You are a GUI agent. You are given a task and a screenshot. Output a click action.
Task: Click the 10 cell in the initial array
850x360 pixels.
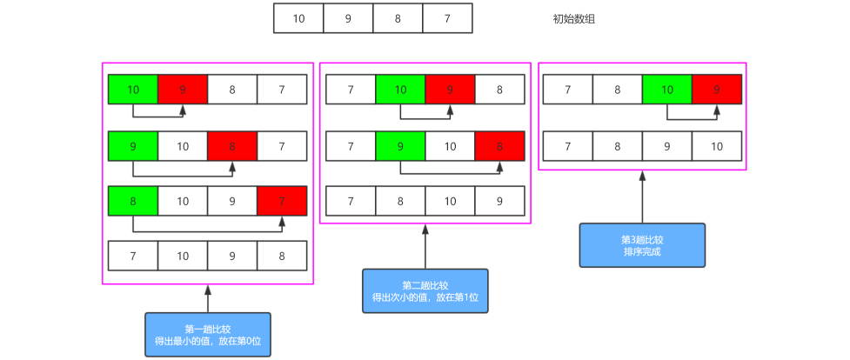click(298, 18)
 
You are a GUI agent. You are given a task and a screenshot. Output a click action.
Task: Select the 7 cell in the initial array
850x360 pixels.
click(447, 18)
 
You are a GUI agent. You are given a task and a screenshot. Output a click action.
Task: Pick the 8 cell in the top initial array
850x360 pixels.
click(398, 18)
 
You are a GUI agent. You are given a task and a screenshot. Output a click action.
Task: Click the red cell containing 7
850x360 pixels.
click(282, 201)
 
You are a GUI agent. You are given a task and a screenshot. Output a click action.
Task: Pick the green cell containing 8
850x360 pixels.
click(133, 201)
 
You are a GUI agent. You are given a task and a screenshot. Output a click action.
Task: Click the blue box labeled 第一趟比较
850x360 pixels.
click(207, 335)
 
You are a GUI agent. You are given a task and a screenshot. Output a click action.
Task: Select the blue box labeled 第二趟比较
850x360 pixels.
click(425, 291)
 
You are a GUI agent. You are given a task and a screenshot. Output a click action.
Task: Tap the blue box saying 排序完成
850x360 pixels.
click(642, 245)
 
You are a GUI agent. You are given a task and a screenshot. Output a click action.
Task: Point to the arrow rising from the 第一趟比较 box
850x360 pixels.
click(207, 298)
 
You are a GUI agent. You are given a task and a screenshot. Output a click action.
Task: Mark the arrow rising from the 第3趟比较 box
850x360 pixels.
click(642, 197)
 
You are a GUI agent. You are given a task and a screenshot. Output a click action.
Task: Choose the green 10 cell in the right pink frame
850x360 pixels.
click(667, 89)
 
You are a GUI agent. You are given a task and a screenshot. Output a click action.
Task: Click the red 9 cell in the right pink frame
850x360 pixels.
click(717, 89)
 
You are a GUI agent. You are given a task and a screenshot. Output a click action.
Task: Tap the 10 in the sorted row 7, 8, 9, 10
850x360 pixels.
click(717, 145)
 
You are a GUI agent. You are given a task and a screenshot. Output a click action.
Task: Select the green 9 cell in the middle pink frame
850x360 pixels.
click(400, 145)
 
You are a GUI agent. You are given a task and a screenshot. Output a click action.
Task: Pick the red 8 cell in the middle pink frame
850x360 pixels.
click(499, 145)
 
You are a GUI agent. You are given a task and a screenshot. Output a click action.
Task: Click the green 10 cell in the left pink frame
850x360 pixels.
click(133, 89)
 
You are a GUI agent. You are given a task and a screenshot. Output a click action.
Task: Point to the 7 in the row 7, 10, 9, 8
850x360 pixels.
click(133, 256)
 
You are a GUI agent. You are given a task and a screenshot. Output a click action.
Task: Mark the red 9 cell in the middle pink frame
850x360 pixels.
click(450, 89)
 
